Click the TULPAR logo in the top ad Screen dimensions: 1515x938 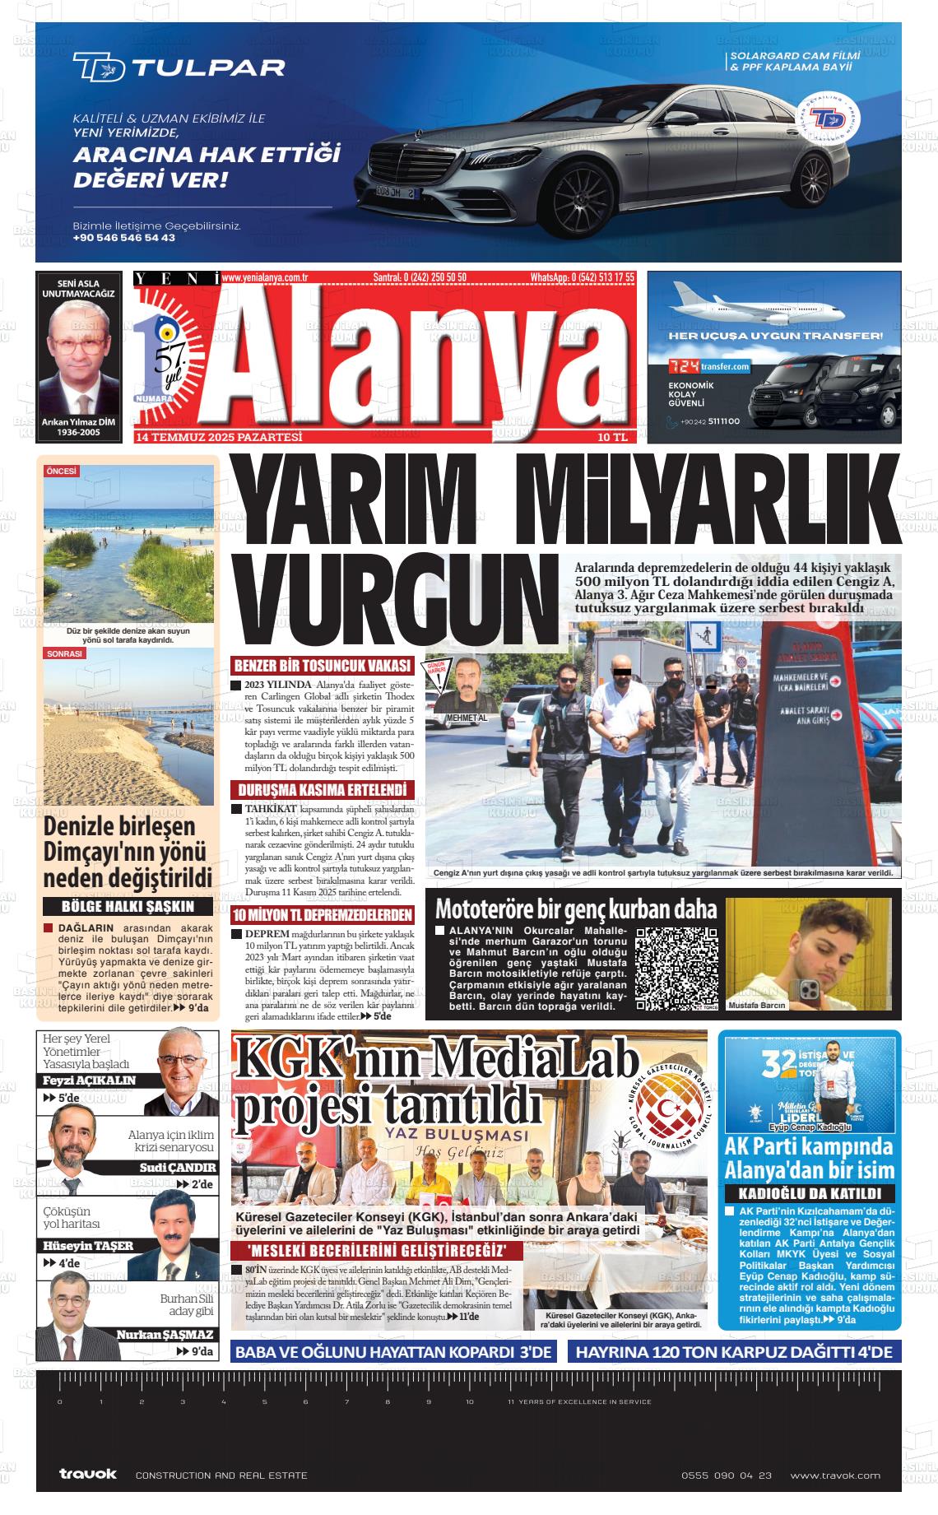tap(179, 67)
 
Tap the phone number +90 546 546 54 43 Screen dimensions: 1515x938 tap(124, 238)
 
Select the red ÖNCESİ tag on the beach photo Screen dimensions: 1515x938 tap(62, 472)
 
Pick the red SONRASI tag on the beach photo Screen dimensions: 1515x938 tap(65, 653)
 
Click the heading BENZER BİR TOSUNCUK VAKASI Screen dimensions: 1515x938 tap(323, 666)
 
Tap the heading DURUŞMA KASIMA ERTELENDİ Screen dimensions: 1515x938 tap(323, 790)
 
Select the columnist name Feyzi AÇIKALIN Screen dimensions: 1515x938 tap(89, 1080)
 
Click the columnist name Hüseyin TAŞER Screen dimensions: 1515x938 tap(88, 1245)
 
